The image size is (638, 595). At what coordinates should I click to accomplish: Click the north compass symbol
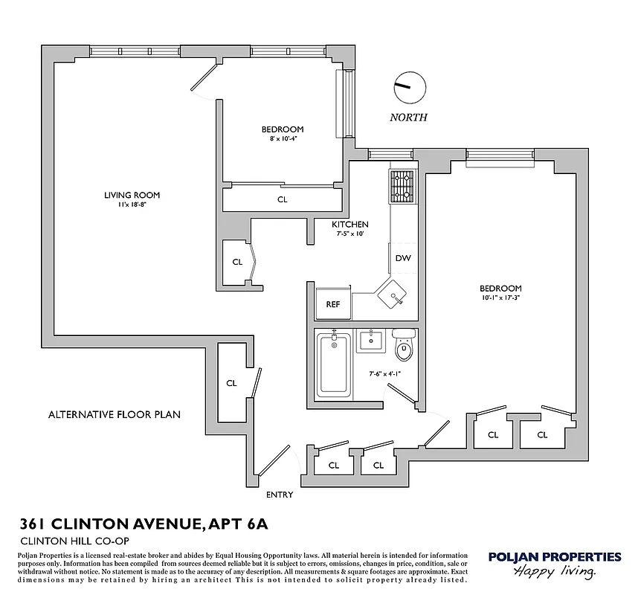[x=409, y=88]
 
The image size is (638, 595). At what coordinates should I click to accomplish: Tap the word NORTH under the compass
[x=409, y=118]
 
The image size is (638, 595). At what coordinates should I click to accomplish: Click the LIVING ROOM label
[x=132, y=196]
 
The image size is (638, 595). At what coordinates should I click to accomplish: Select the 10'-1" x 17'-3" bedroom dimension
[x=500, y=298]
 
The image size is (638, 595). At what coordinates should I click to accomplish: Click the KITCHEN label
[x=350, y=225]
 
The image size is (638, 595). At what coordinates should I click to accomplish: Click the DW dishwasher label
[x=403, y=259]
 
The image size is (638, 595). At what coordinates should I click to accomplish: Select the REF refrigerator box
[x=332, y=303]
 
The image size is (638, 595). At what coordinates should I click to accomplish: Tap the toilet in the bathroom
[x=404, y=346]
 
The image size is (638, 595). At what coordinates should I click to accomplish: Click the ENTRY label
[x=280, y=495]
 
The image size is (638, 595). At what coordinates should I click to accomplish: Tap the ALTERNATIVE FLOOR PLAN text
[x=115, y=414]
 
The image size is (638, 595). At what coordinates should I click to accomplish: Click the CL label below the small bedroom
[x=283, y=199]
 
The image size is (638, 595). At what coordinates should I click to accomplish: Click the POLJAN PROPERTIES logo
[x=554, y=562]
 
